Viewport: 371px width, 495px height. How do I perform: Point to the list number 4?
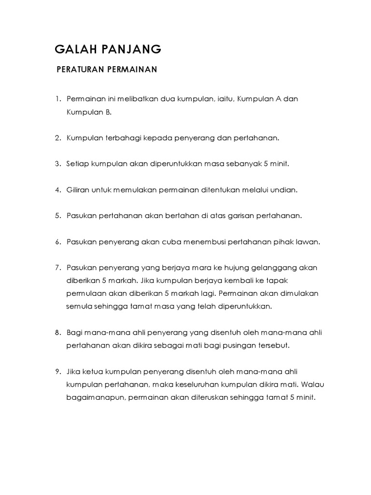[x=57, y=190]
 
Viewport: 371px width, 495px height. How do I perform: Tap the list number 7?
[x=57, y=267]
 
